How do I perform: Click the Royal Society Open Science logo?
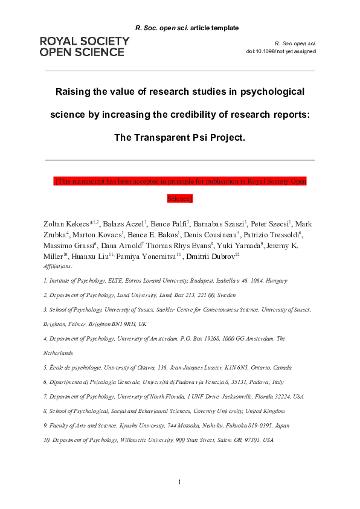[84, 46]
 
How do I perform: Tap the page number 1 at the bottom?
[179, 481]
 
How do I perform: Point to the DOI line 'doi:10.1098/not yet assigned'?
[281, 51]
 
